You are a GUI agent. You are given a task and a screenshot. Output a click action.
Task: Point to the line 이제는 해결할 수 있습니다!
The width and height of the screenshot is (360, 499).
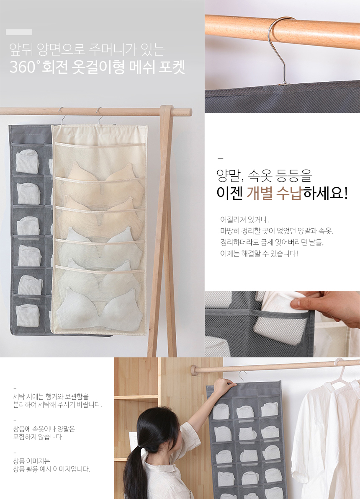pos(260,253)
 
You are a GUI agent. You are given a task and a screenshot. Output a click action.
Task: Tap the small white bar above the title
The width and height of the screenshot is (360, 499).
pos(19,32)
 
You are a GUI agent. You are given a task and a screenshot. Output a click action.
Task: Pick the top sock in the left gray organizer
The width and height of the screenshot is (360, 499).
pos(27,162)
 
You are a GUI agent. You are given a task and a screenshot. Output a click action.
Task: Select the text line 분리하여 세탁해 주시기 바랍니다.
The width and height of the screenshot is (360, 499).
pos(57,405)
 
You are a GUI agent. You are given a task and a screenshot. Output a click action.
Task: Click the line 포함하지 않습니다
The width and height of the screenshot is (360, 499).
pos(38,437)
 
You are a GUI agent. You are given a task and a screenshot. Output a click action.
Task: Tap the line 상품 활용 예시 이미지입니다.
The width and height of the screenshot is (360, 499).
pos(51,469)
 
